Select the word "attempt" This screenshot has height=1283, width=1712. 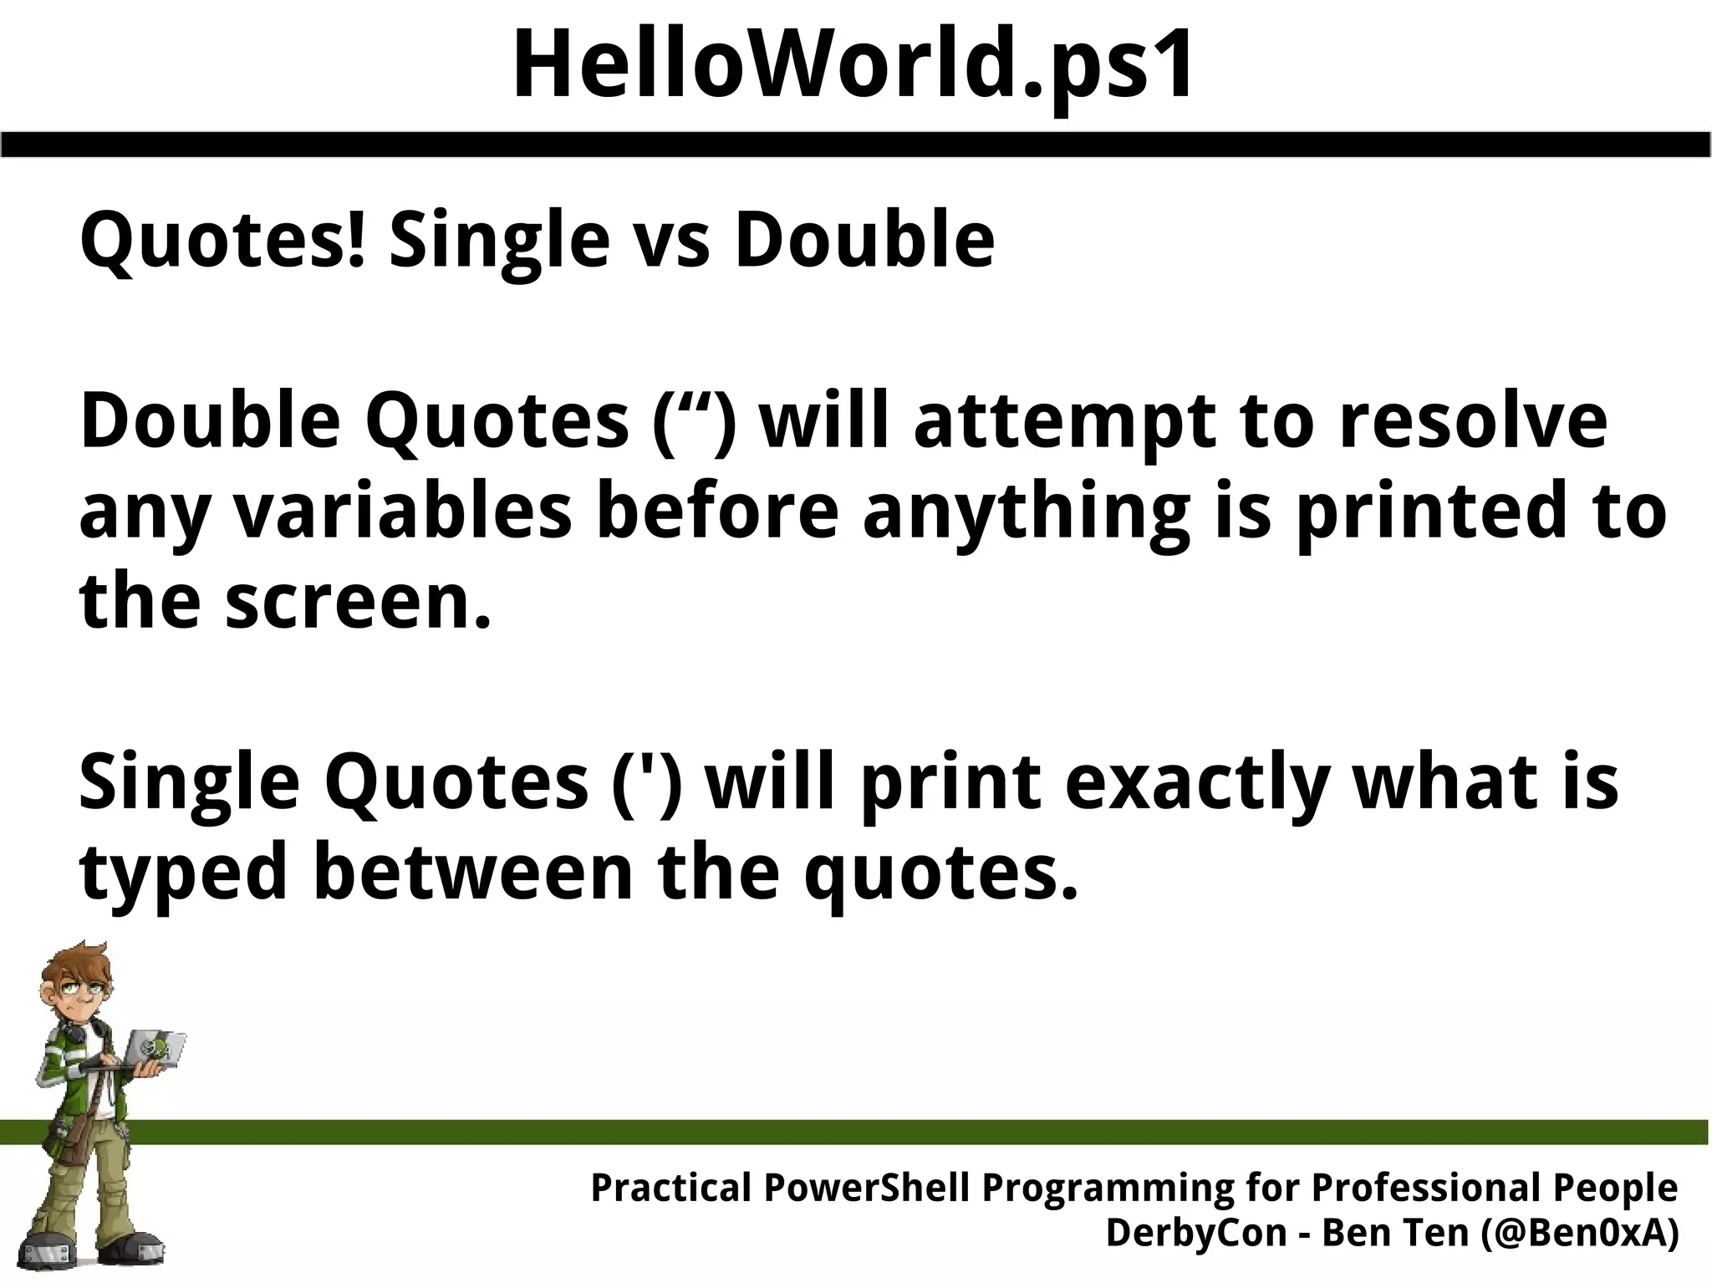click(1062, 422)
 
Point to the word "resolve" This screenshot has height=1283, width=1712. click(1473, 422)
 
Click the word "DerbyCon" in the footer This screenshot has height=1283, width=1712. click(1196, 1234)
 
